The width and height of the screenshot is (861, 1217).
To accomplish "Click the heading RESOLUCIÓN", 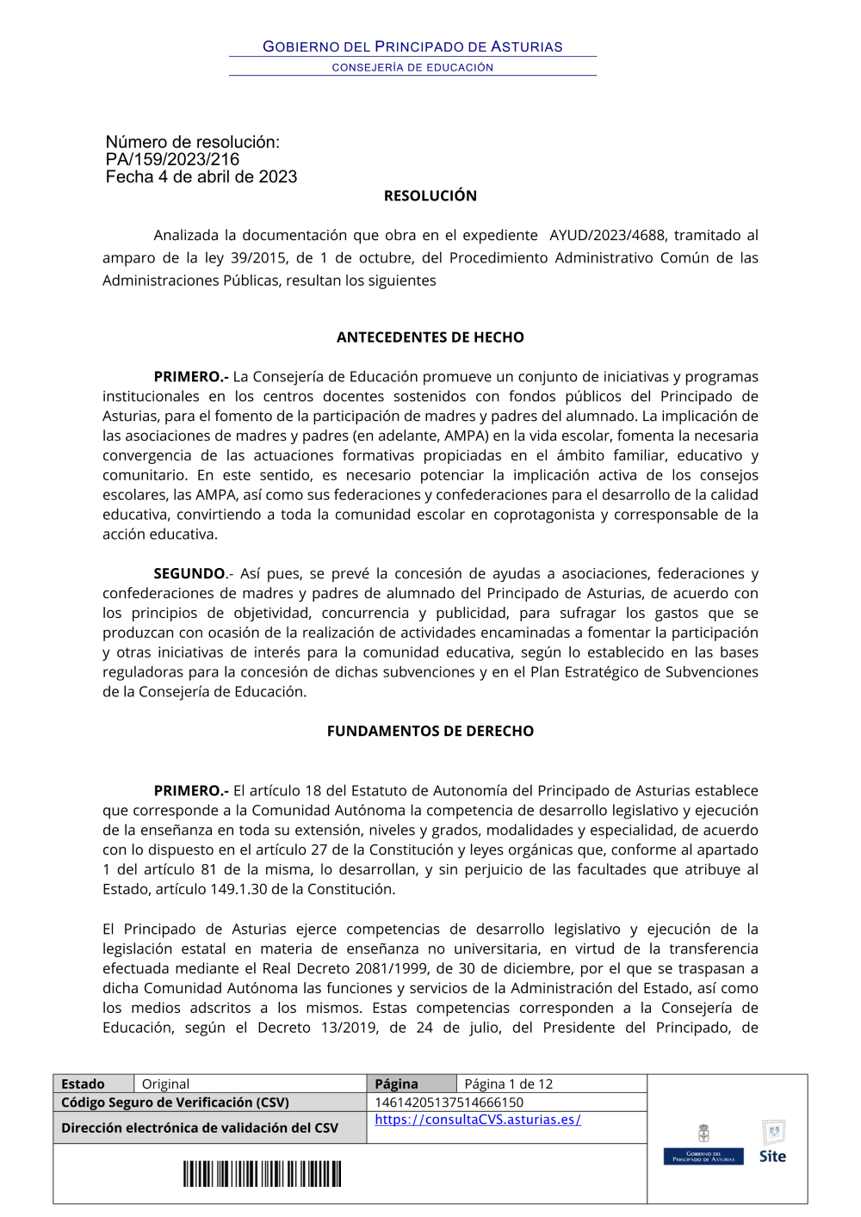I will coord(430,196).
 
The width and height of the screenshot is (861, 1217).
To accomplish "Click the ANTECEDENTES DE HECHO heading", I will coord(430,337).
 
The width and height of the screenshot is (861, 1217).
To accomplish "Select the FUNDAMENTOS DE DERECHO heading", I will coord(430,731).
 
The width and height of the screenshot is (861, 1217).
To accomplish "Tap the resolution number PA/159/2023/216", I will coord(172,159).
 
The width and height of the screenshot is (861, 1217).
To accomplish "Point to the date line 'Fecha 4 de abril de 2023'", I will coord(201,177).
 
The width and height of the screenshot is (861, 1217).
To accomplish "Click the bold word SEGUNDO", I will coord(189,573).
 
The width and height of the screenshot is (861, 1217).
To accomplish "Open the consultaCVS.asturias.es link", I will coord(478,1120).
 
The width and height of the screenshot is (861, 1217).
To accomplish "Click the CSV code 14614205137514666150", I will coord(449,1103).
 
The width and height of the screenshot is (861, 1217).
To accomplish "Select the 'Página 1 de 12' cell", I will coord(509,1084).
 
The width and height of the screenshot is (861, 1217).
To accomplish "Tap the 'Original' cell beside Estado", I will coord(165,1084).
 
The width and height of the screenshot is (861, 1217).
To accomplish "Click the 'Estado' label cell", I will coord(84,1084).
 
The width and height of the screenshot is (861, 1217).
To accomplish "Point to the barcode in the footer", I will coord(262,1174).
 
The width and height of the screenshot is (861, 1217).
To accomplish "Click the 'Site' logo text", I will coord(772,1156).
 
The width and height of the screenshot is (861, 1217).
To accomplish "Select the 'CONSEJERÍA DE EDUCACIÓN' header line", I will coord(412,67).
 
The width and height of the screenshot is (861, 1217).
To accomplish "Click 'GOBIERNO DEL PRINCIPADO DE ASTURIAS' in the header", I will coord(412,46).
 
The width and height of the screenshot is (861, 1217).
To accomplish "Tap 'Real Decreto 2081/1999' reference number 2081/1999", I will coord(388,968).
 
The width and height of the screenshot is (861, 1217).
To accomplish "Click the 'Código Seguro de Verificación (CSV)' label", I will coord(175,1103).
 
